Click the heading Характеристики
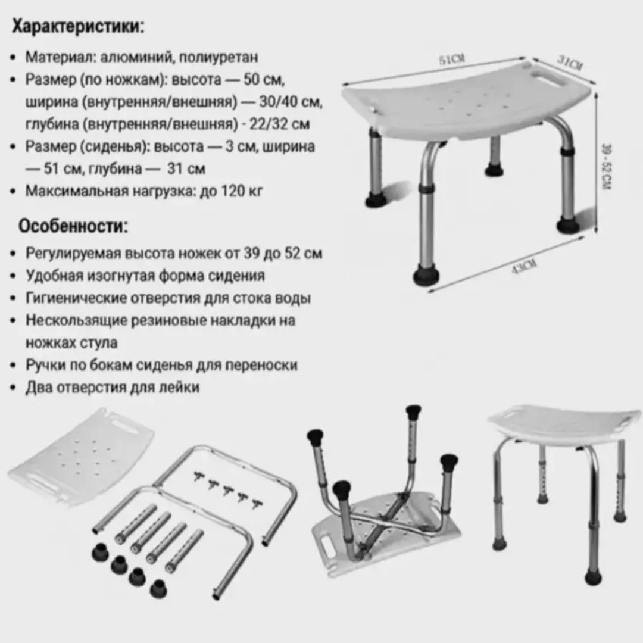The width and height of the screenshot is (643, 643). coord(78,26)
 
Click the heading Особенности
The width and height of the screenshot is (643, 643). coord(73,226)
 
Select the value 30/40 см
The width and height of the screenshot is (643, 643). coord(291,101)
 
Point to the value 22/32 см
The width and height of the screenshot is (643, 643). coord(280,123)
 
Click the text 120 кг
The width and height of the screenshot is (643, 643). coord(242,191)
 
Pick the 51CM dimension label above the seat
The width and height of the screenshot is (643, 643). coord(452,60)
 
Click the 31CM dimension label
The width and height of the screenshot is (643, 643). coord(570,63)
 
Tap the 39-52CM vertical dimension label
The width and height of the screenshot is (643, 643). coord(607,167)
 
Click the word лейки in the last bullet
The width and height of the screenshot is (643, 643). coord(181,387)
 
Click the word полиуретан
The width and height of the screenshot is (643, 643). coord(219,57)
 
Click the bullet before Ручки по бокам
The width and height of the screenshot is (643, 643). coord(14,366)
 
